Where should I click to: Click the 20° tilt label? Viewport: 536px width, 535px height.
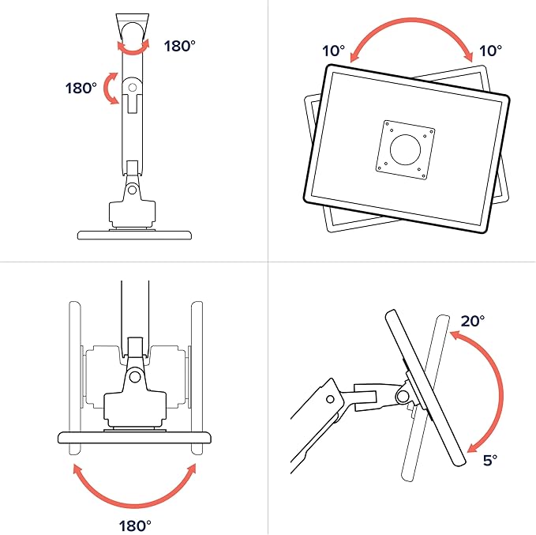pyautogui.click(x=472, y=321)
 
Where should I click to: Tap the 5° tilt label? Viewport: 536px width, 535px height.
pyautogui.click(x=490, y=460)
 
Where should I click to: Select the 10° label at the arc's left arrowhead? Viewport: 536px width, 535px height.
pyautogui.click(x=334, y=51)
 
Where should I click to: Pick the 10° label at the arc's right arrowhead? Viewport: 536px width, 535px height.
pyautogui.click(x=490, y=51)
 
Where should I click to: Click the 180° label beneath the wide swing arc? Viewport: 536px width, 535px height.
pyautogui.click(x=135, y=526)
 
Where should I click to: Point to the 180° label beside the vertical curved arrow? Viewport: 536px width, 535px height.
pyautogui.click(x=81, y=88)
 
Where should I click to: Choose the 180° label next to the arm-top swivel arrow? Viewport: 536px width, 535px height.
pyautogui.click(x=180, y=46)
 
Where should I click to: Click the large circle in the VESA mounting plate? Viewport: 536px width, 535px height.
pyautogui.click(x=406, y=149)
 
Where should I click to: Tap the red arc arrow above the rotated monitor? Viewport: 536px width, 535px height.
pyautogui.click(x=411, y=21)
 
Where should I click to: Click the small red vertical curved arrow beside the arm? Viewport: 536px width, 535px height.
pyautogui.click(x=110, y=88)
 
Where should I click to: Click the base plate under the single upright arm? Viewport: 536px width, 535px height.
pyautogui.click(x=134, y=235)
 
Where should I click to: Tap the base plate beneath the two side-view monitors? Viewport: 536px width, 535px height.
pyautogui.click(x=135, y=438)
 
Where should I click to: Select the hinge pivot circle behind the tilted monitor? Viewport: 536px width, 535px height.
pyautogui.click(x=403, y=397)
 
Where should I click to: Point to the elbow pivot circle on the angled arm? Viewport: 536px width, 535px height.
pyautogui.click(x=330, y=399)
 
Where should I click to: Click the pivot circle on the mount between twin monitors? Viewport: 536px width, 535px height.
pyautogui.click(x=135, y=377)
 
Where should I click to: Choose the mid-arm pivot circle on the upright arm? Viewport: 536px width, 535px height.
pyautogui.click(x=133, y=88)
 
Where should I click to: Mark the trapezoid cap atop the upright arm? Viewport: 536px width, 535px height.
pyautogui.click(x=133, y=27)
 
